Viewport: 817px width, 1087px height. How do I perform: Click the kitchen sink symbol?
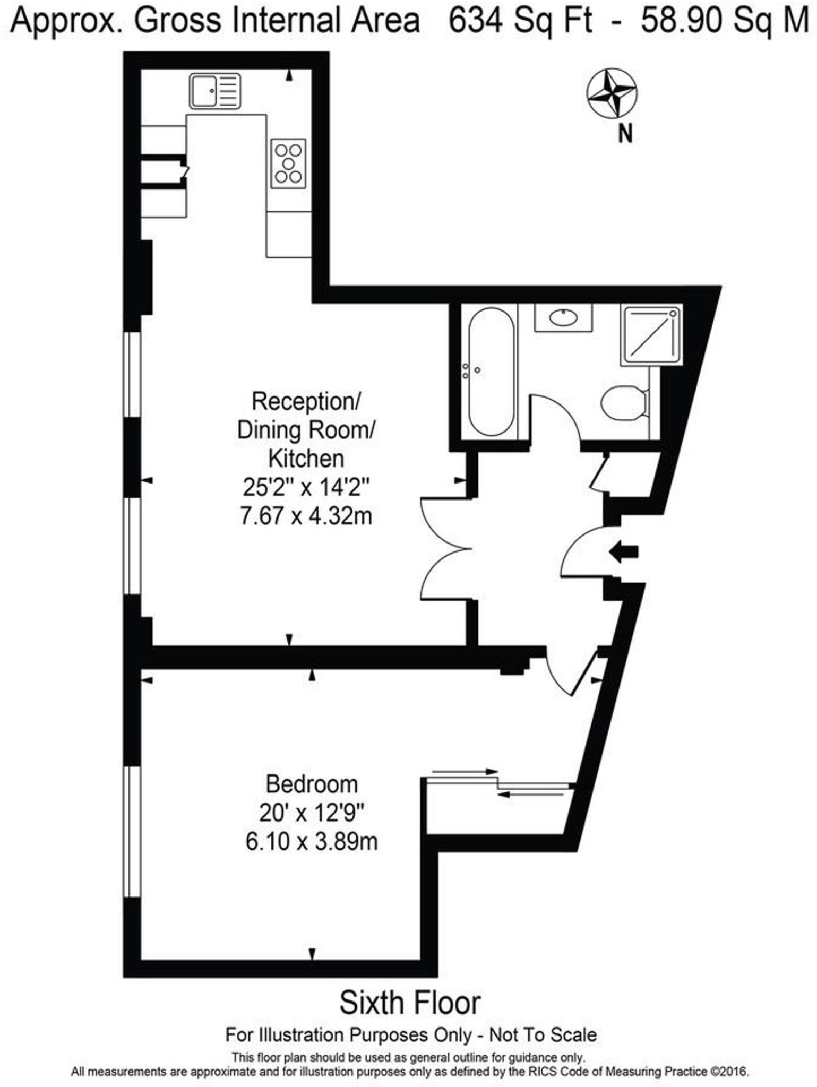[214, 91]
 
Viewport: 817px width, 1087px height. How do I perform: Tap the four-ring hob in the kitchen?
[288, 163]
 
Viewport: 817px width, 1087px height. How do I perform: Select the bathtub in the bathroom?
[491, 372]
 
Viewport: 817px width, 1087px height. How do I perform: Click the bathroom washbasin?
[563, 317]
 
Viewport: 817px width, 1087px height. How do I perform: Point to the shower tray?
[651, 334]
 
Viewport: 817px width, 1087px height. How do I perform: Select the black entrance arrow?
[623, 552]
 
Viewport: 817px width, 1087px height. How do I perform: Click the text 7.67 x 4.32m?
[306, 515]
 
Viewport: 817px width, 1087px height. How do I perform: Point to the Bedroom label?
[312, 784]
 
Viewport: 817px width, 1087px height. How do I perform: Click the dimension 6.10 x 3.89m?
[312, 841]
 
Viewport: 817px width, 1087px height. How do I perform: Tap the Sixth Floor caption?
[409, 1003]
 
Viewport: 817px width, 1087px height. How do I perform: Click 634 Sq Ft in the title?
[520, 21]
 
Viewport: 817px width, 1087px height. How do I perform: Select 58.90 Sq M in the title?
[724, 21]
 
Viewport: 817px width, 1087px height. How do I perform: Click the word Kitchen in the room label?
[306, 459]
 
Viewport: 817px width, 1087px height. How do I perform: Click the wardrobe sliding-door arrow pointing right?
[465, 772]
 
